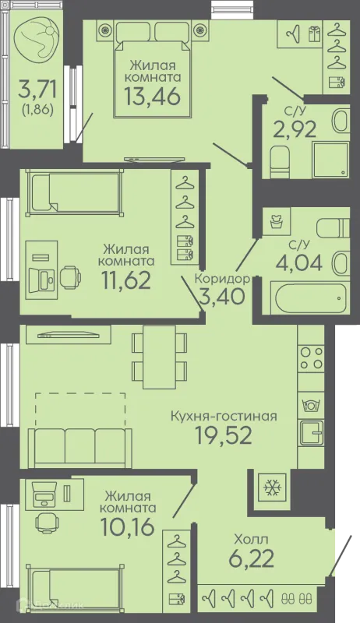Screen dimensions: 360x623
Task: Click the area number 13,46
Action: [152, 96]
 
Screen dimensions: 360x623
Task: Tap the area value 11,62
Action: [126, 280]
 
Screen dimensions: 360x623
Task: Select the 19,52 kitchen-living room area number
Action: [224, 435]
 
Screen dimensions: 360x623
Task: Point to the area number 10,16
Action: [127, 527]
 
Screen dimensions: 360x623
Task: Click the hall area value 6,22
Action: [251, 558]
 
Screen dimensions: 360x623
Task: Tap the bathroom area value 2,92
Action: [295, 128]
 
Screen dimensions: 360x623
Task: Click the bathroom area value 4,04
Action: [299, 262]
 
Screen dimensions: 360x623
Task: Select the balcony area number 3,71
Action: [37, 89]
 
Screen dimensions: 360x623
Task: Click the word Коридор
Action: [222, 279]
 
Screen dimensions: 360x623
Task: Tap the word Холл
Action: [251, 539]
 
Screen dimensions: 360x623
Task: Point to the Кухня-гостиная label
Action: [224, 417]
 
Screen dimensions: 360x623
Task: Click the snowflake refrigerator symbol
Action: [272, 487]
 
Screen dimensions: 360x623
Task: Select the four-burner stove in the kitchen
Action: [312, 358]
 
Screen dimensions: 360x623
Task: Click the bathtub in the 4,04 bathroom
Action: [309, 299]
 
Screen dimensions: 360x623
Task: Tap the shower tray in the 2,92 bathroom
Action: [331, 159]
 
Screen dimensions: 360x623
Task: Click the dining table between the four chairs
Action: [159, 357]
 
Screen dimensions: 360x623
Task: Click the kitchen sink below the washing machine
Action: [312, 433]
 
